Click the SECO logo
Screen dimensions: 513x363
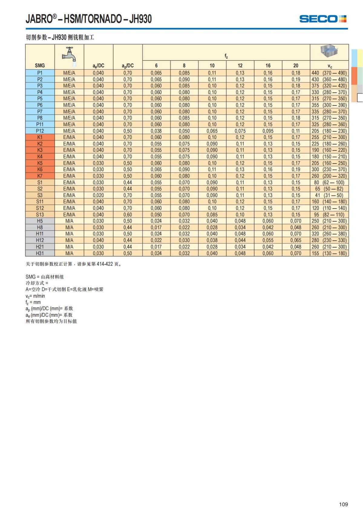coord(322,19)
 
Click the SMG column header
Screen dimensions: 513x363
coord(40,66)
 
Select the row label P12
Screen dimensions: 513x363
coord(40,131)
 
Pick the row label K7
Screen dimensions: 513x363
coord(40,176)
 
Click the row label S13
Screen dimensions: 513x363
coord(40,215)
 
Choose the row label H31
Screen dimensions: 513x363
coord(40,253)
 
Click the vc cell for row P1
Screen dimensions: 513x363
coord(329,73)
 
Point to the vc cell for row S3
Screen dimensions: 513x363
coord(329,195)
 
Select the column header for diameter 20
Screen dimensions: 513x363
coord(296,66)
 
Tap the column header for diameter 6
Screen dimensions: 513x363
coord(156,66)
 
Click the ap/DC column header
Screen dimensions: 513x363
coord(128,66)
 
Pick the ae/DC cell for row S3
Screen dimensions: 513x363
coord(98,195)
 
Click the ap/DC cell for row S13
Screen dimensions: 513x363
coord(128,215)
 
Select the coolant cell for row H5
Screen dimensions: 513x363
coord(69,221)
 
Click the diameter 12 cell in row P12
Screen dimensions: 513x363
coord(240,131)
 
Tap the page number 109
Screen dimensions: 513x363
coord(343,504)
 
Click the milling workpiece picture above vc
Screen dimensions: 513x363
coord(329,51)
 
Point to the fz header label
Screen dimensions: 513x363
coord(226,56)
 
